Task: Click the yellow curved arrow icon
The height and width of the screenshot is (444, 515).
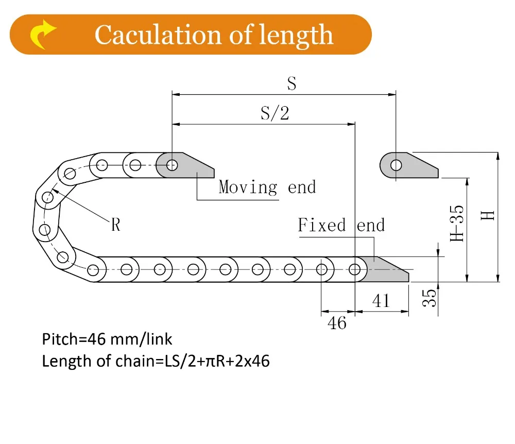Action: pyautogui.click(x=43, y=35)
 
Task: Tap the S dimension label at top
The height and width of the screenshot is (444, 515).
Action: pyautogui.click(x=291, y=84)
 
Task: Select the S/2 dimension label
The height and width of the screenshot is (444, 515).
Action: pyautogui.click(x=274, y=113)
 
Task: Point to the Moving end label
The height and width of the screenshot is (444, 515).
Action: pyautogui.click(x=267, y=187)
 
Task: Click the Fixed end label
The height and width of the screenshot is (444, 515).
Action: pyautogui.click(x=341, y=225)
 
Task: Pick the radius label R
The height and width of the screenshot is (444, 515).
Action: pyautogui.click(x=116, y=225)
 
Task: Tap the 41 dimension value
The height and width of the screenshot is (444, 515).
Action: pyautogui.click(x=381, y=300)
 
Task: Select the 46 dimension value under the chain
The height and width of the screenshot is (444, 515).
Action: pyautogui.click(x=337, y=323)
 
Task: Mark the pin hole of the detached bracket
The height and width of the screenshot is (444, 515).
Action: pyautogui.click(x=396, y=165)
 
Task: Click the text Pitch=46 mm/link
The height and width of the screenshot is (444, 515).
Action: pyautogui.click(x=107, y=339)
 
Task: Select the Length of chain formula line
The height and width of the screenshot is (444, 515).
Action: pyautogui.click(x=156, y=361)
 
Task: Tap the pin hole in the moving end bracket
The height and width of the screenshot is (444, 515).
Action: pyautogui.click(x=172, y=165)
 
